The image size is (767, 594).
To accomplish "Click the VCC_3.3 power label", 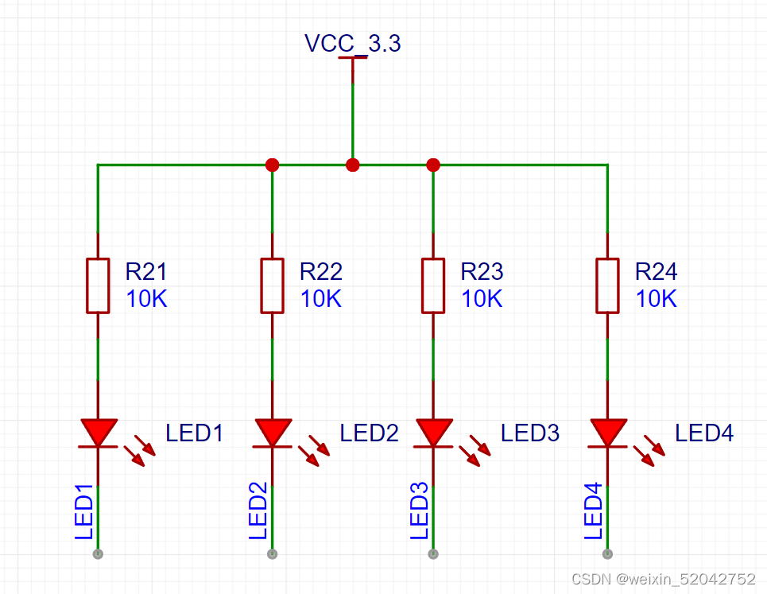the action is click(x=353, y=43).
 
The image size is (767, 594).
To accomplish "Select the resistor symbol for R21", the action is click(x=98, y=285).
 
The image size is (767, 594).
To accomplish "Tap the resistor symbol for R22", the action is click(x=273, y=285).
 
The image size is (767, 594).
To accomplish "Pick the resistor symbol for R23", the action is click(x=433, y=285).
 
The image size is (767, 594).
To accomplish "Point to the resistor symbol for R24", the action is click(x=607, y=285).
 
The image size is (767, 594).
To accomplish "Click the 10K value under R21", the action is click(x=147, y=299).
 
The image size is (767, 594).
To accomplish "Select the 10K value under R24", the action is click(x=657, y=299).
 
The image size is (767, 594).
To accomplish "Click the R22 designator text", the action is click(x=321, y=272).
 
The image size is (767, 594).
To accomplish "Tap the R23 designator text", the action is click(x=482, y=272).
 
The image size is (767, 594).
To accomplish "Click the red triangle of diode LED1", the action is click(x=99, y=430).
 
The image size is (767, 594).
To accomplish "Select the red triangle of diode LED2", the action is click(x=273, y=430).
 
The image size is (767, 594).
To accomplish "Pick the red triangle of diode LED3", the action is click(x=434, y=430).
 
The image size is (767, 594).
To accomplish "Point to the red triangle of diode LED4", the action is click(x=609, y=430).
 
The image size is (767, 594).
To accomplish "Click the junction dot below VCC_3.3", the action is click(x=353, y=165).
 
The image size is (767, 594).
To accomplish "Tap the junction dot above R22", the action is click(x=273, y=165).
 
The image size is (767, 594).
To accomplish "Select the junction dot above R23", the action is click(x=433, y=165).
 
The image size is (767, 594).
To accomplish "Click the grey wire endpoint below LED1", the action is click(x=98, y=554).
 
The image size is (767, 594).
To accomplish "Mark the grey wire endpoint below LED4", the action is click(x=607, y=554).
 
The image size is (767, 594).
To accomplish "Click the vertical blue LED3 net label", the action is click(x=419, y=511).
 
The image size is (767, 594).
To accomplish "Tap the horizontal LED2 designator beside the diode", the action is click(x=369, y=433).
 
